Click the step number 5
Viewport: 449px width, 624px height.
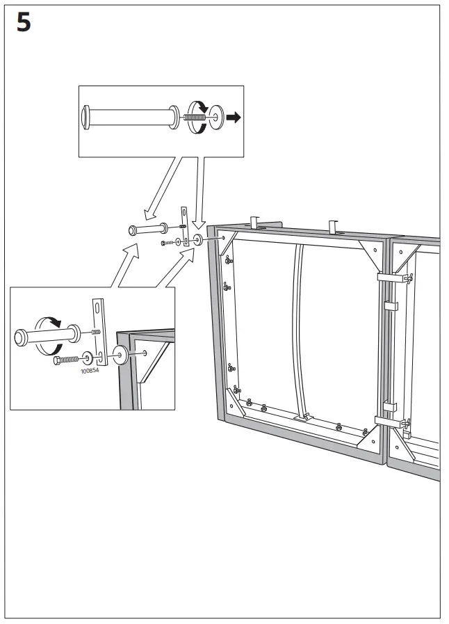(23, 23)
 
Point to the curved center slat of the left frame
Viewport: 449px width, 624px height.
(300, 327)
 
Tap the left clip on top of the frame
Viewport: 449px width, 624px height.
(254, 223)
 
